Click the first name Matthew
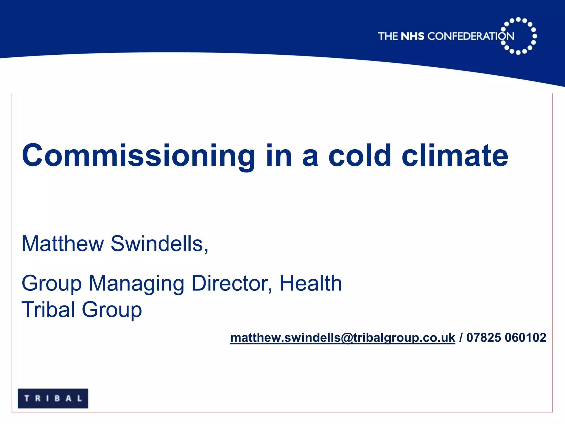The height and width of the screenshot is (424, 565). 63,244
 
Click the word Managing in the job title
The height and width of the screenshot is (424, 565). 136,283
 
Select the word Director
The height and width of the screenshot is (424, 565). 231,283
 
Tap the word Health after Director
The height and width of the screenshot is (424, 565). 311,283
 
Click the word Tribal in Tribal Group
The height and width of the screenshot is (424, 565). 48,309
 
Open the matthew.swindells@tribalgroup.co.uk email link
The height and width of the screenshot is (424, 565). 342,338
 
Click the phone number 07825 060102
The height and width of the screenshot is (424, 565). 506,338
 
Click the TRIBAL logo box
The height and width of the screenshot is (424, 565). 53,398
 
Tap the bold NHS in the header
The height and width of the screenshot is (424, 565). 412,36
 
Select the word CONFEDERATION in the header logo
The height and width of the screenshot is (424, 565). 471,36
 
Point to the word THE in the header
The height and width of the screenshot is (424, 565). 388,36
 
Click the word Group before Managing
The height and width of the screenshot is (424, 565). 52,283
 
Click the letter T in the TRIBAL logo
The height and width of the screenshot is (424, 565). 27,398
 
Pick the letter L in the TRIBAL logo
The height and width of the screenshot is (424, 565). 80,398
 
